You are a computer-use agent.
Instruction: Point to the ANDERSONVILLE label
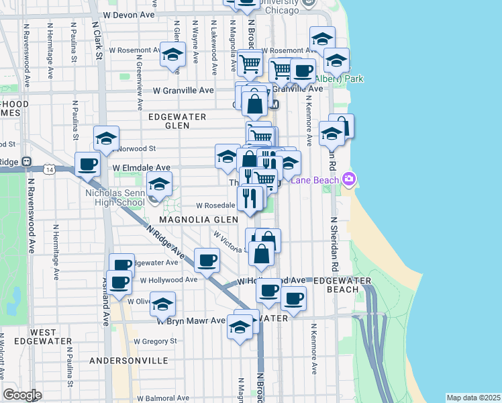click(x=129, y=361)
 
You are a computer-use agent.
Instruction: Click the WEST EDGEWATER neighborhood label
click(x=43, y=337)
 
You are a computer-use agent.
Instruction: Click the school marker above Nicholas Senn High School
click(x=160, y=184)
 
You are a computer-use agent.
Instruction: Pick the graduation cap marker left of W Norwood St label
click(x=106, y=138)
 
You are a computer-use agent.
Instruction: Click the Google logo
click(x=22, y=395)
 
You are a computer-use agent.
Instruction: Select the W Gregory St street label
click(x=155, y=341)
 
